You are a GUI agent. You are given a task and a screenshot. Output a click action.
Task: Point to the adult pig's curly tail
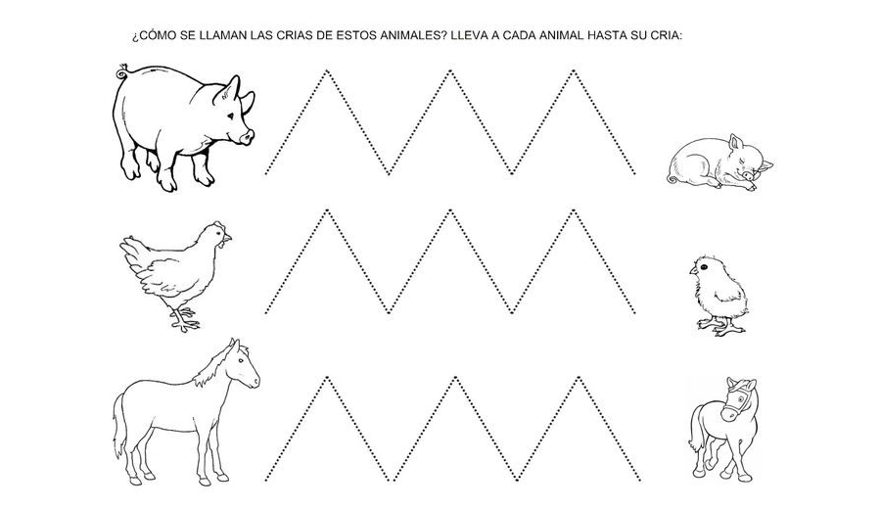(x=121, y=72)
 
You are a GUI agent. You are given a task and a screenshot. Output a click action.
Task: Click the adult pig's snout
(x=249, y=135)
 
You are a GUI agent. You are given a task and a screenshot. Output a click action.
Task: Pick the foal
(x=722, y=426)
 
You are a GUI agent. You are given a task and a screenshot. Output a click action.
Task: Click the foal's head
(x=740, y=396)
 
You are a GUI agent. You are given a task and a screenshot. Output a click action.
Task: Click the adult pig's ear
(x=230, y=91)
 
